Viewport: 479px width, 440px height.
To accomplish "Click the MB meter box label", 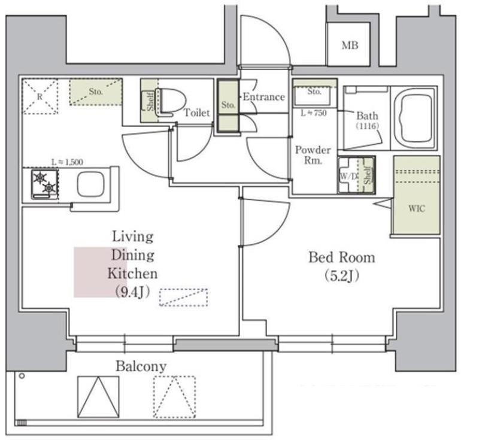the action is [x=350, y=45].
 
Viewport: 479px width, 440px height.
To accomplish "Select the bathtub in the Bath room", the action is [x=414, y=118].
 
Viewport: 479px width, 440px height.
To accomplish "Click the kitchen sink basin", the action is [x=91, y=185].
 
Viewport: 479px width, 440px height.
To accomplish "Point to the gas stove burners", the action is [x=44, y=184].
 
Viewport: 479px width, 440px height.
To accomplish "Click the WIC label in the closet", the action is [x=417, y=208].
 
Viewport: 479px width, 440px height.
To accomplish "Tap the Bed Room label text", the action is [x=342, y=257].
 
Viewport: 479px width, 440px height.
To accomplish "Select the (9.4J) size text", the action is [x=132, y=292].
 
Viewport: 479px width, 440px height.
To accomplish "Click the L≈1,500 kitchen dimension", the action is [x=67, y=162].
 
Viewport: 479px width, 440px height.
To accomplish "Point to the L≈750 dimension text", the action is [x=313, y=113].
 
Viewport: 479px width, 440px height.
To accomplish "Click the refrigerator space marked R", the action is [x=40, y=96].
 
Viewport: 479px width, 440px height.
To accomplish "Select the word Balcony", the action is [x=141, y=366].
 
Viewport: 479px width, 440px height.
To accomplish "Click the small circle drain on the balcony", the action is [x=22, y=376].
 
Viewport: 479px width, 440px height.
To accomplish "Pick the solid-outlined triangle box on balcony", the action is [x=98, y=397].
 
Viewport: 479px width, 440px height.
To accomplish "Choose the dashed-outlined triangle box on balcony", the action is [x=174, y=397].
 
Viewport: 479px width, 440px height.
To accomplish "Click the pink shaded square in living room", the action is [x=100, y=272].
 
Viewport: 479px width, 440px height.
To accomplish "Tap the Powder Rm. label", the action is [x=313, y=155].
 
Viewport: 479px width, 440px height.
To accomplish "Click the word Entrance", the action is [x=264, y=97].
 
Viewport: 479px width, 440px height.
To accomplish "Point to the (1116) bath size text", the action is [x=367, y=126].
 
